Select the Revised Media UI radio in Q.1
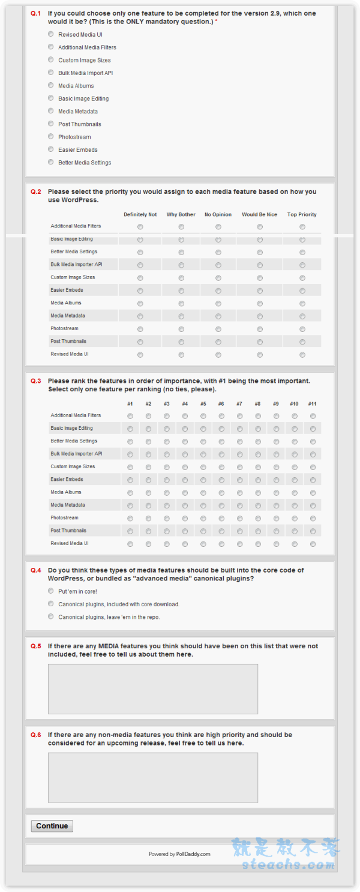[x=51, y=34]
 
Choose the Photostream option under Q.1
[x=51, y=137]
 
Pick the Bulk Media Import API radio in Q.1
[x=51, y=73]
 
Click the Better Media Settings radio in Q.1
[x=51, y=162]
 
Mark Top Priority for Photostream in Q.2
[x=302, y=329]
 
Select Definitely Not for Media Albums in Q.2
[x=140, y=304]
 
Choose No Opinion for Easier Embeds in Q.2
[x=218, y=291]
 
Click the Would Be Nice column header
[x=259, y=214]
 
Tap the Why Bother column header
[x=181, y=214]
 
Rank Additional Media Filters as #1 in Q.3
[x=130, y=416]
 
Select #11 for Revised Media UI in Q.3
[x=313, y=544]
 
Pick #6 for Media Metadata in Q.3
[x=221, y=506]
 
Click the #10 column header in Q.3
[x=294, y=404]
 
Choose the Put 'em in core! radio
[x=51, y=591]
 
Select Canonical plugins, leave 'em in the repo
[x=51, y=616]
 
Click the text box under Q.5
[x=153, y=689]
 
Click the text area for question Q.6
[x=153, y=777]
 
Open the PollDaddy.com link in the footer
[x=193, y=854]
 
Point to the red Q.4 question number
[x=36, y=570]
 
